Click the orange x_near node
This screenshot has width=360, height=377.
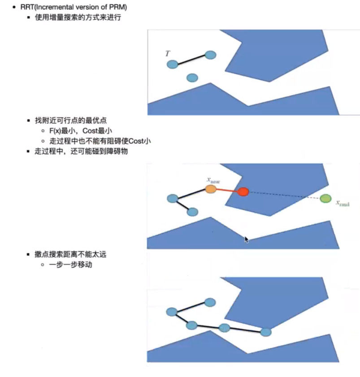point(211,189)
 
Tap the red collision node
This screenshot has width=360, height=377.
point(243,192)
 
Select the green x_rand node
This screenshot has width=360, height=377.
point(325,199)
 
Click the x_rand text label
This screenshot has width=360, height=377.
point(343,203)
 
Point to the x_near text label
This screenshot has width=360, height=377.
point(213,180)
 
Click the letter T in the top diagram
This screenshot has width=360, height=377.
point(168,53)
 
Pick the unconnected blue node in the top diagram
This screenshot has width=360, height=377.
point(192,78)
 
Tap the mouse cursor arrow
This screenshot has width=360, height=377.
point(246,240)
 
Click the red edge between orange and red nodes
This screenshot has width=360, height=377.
point(227,190)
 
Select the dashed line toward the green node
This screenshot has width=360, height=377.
point(284,195)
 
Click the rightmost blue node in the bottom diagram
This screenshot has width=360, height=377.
point(266,332)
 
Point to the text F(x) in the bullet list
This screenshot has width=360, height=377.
point(55,131)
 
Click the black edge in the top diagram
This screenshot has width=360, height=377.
point(191,60)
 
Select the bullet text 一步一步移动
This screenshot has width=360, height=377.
point(70,265)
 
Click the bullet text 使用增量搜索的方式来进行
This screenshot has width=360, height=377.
point(78,17)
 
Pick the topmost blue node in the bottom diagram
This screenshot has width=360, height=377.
point(210,303)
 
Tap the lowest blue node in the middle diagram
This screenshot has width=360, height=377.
point(192,212)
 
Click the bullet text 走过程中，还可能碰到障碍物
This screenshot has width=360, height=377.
point(81,151)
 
